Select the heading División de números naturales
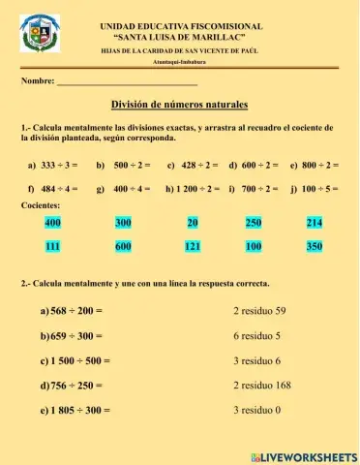click(180, 105)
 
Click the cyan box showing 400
click(52, 223)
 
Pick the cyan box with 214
click(314, 223)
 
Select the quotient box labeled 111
click(52, 247)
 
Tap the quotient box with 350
click(314, 247)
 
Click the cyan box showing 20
click(193, 223)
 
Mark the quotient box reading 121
click(193, 247)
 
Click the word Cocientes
click(41, 206)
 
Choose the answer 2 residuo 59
click(259, 312)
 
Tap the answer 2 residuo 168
click(262, 386)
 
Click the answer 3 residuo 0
click(256, 410)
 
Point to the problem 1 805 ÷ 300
click(75, 411)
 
